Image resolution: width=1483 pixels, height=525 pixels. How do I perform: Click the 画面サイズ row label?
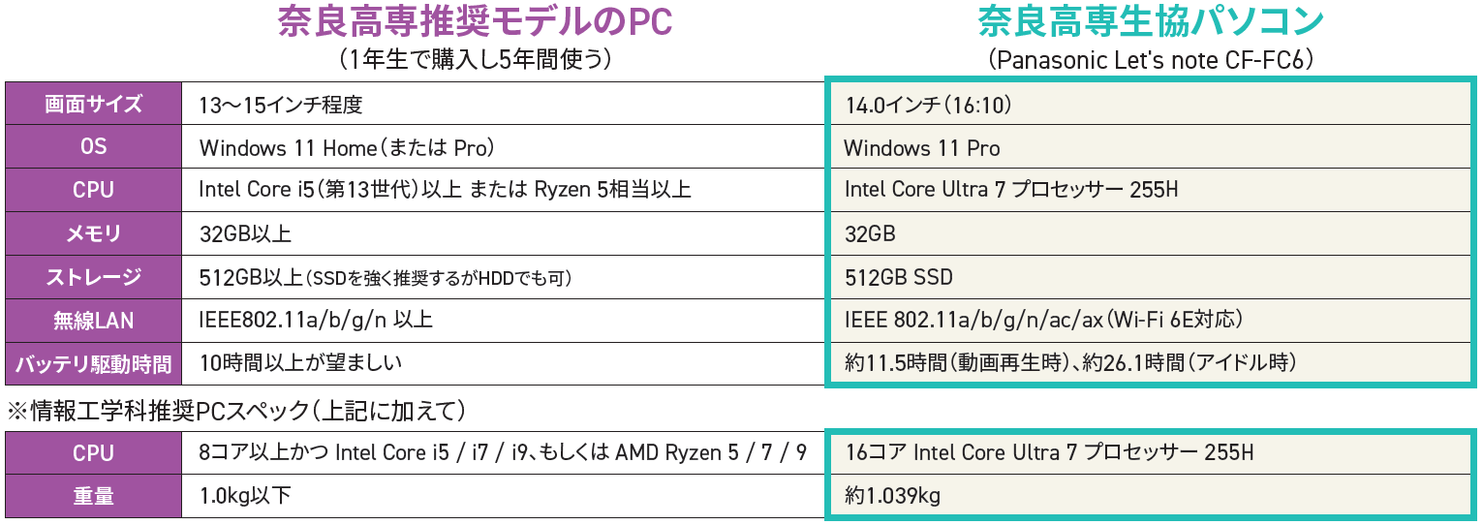[x=93, y=105]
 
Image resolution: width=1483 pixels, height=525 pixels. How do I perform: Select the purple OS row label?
[x=93, y=147]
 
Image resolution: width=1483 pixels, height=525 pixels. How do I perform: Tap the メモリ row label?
[x=93, y=233]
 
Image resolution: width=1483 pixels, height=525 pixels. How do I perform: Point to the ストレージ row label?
[x=93, y=277]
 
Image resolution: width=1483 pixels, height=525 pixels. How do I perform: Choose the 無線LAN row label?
[x=93, y=320]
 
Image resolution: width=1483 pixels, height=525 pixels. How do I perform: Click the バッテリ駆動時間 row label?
[x=93, y=364]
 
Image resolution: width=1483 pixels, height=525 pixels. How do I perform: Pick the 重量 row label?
[x=93, y=496]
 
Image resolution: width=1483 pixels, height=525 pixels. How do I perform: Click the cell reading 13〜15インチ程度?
[x=281, y=105]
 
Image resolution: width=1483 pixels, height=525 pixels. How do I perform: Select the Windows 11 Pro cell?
[x=922, y=148]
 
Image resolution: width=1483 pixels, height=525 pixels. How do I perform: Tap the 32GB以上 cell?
[x=245, y=233]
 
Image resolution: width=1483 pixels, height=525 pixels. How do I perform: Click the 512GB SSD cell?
[x=899, y=277]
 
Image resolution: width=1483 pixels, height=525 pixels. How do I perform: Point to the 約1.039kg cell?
[x=892, y=496]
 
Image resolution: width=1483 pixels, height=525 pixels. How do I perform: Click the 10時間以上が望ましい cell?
[x=300, y=363]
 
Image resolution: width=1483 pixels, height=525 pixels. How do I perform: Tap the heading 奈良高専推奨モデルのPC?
[x=475, y=21]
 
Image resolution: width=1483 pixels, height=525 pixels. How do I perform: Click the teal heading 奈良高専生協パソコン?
[x=1150, y=21]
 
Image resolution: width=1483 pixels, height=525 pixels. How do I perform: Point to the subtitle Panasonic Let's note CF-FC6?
[x=1150, y=60]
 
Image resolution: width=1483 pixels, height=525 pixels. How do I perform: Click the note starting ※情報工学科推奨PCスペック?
[x=236, y=411]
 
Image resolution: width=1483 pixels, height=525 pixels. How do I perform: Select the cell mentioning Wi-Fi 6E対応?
[x=1043, y=320]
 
